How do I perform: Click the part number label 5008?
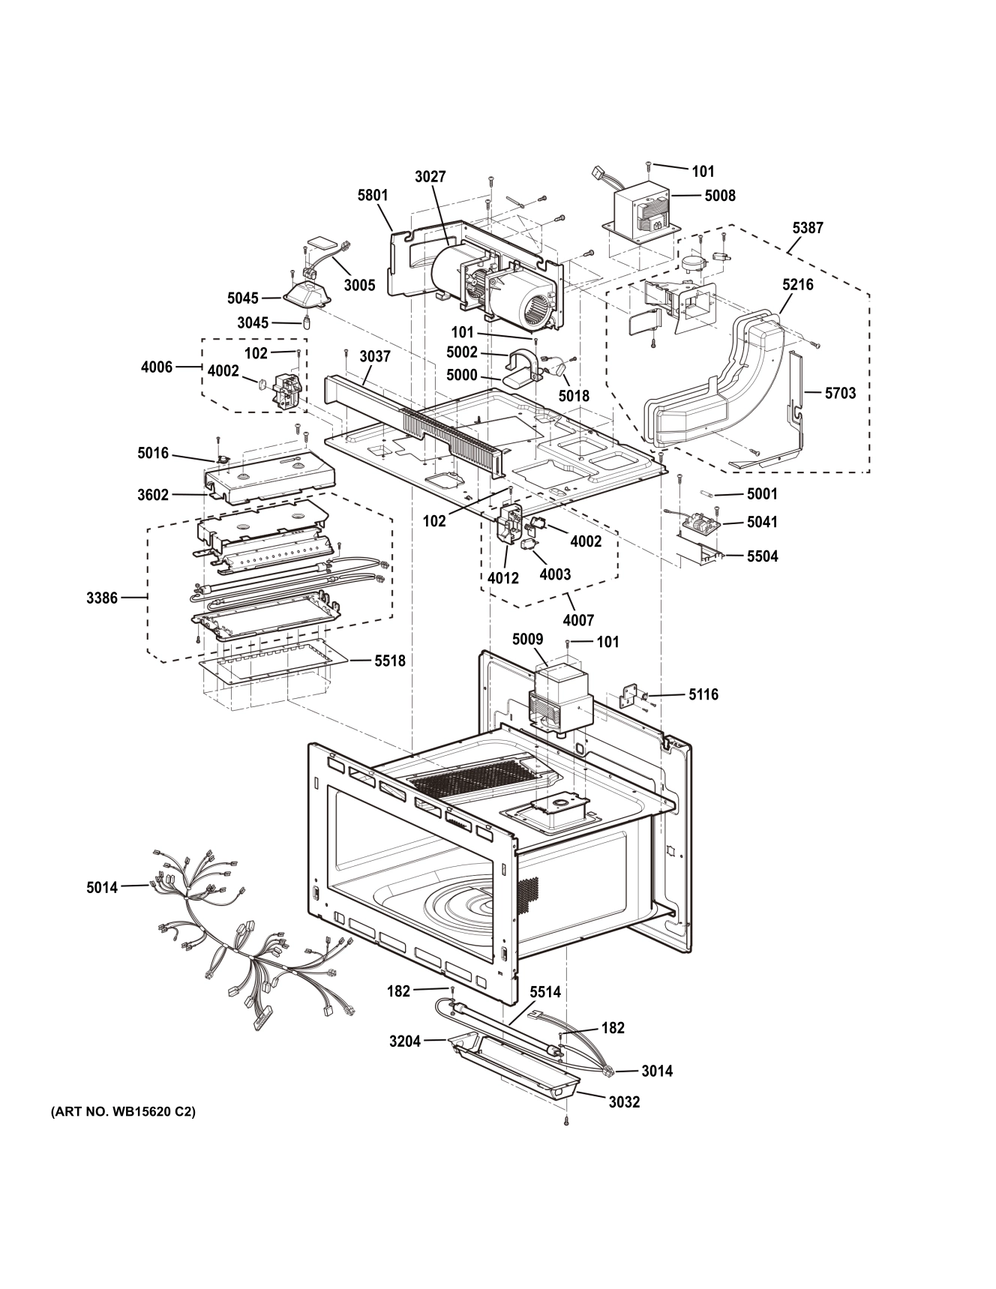click(x=720, y=196)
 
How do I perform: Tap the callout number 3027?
click(x=430, y=177)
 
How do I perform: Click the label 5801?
click(x=373, y=196)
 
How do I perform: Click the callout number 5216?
click(x=797, y=285)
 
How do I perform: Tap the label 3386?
click(x=102, y=598)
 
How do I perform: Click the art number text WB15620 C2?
click(x=122, y=1112)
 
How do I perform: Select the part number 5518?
click(x=390, y=661)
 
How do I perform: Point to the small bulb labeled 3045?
click(x=306, y=323)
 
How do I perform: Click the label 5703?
click(x=840, y=393)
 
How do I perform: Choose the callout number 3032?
click(x=624, y=1102)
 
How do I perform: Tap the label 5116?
click(x=703, y=694)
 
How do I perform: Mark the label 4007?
click(x=578, y=619)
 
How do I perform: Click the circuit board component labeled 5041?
click(x=701, y=520)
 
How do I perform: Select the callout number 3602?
click(x=153, y=494)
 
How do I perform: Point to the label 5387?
click(x=807, y=228)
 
